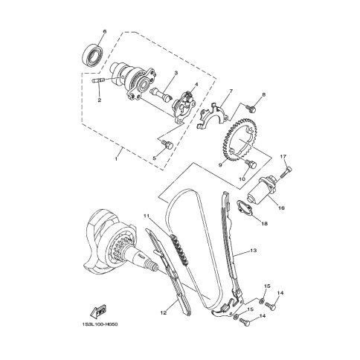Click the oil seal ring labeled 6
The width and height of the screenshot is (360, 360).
coord(91,56)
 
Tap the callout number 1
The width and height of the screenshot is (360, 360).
coord(116,159)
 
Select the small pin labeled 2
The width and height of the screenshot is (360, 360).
coord(98,80)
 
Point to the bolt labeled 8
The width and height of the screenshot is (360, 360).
coord(251,108)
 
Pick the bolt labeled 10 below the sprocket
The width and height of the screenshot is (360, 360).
coord(251,164)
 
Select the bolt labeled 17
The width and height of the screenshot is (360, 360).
coord(286,173)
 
